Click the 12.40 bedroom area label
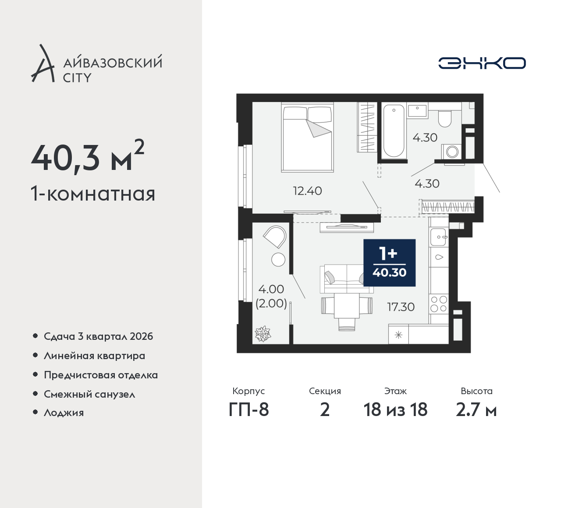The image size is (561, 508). point(307,191)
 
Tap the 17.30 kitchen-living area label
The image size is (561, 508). point(401,307)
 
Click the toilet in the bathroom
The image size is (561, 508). point(444,119)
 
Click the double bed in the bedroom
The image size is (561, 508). point(308,137)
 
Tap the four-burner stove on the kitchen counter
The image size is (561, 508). point(439,304)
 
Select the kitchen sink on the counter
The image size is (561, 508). point(438,237)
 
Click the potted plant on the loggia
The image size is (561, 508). point(263,334)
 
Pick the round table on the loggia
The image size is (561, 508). point(278,260)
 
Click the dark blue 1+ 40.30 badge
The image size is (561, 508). point(389,263)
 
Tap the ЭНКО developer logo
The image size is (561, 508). point(482,63)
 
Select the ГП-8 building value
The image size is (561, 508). point(249,410)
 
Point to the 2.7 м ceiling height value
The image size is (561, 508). point(476,410)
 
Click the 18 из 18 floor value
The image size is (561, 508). point(395,410)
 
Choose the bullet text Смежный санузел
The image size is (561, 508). point(89,394)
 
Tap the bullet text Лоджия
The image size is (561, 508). point(64,413)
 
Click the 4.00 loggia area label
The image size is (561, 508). point(271,289)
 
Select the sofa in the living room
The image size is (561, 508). point(347,279)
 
